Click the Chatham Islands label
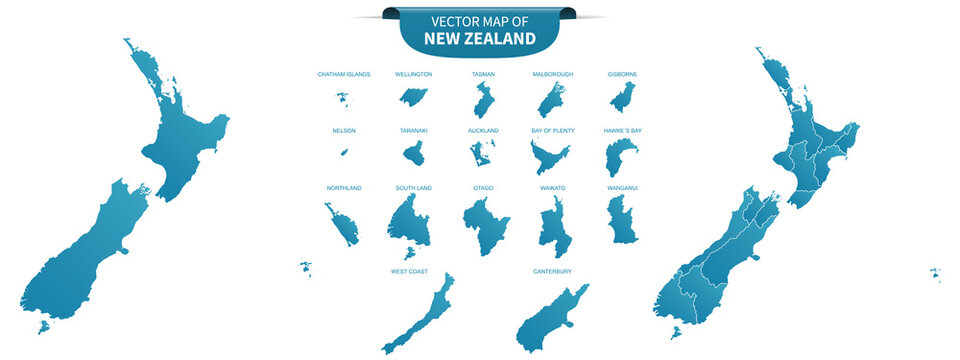point(344,74)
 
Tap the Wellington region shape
point(410,96)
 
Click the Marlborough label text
point(553,74)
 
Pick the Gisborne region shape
point(623,98)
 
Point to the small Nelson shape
point(344,152)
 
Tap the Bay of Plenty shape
point(549,157)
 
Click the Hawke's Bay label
point(623,131)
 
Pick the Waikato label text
point(553,188)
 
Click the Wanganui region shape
point(623,220)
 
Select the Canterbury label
point(553,271)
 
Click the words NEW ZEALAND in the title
point(479,39)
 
